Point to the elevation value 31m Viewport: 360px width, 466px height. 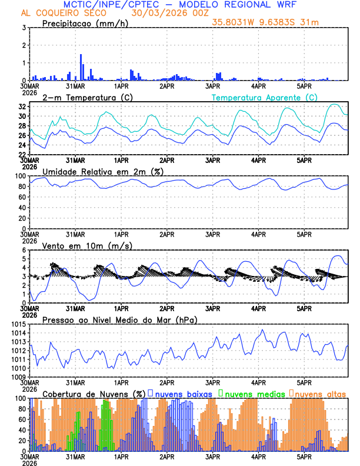(305, 22)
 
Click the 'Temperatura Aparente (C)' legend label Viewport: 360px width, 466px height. (265, 97)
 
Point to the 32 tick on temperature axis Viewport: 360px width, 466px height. (22, 107)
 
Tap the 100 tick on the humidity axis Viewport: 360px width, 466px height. (19, 177)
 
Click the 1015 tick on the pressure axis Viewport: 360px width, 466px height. (16, 325)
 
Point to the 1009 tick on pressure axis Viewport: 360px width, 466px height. (16, 377)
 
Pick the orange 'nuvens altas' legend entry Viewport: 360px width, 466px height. (320, 393)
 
